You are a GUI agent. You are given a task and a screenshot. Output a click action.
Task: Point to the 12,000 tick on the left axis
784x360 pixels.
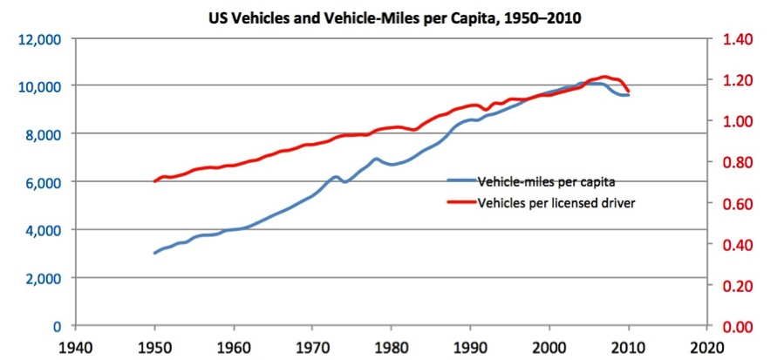[37, 39]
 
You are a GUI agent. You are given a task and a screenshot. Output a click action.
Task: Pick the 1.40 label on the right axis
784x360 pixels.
[734, 39]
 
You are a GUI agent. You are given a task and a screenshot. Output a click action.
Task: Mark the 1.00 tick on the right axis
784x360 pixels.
[734, 121]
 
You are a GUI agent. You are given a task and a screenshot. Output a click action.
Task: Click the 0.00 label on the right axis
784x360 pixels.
[734, 327]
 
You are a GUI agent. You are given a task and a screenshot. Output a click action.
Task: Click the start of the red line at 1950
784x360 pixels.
[155, 181]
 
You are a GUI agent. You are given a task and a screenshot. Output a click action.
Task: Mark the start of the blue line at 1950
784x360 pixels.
[155, 253]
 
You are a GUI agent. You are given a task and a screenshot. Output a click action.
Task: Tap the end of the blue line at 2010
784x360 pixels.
[628, 94]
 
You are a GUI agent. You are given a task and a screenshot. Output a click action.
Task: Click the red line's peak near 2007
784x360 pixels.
[604, 77]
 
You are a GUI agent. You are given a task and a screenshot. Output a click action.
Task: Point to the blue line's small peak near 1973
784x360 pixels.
[336, 177]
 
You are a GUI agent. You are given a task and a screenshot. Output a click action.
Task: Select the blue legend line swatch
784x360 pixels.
[461, 181]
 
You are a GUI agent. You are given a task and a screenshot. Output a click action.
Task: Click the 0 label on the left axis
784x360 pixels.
[55, 327]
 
